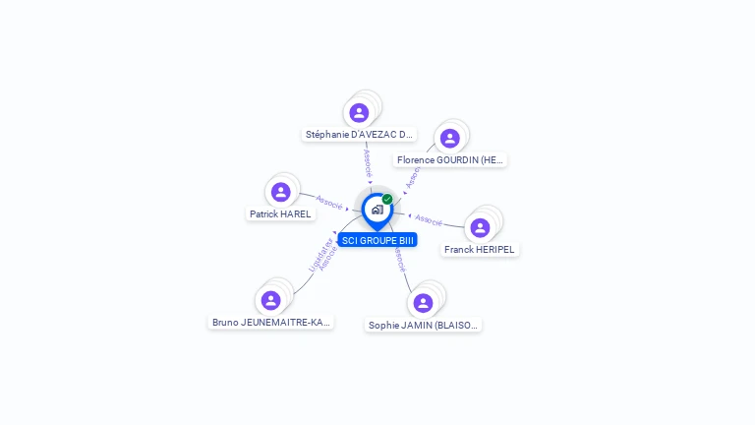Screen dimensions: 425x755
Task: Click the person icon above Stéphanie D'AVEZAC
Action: [359, 112]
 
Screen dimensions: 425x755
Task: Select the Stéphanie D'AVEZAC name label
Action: [359, 135]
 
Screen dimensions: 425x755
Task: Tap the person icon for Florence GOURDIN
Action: [449, 138]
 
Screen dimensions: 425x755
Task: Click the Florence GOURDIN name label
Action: [450, 159]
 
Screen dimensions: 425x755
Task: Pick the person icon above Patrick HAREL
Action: [280, 192]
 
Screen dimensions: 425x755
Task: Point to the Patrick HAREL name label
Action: [280, 213]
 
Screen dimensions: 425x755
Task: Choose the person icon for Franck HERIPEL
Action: [480, 227]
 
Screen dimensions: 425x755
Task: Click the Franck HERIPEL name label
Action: [480, 250]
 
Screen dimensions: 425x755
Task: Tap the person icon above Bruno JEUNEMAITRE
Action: [270, 299]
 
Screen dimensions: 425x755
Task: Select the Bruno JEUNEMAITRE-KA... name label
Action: [271, 322]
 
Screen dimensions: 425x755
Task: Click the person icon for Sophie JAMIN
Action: [423, 302]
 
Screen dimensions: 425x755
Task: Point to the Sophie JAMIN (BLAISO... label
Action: [425, 325]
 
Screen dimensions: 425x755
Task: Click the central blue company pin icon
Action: [377, 210]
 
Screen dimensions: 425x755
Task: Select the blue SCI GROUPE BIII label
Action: [377, 240]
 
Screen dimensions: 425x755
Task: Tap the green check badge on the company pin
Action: [387, 199]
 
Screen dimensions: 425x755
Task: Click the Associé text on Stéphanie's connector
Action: [368, 162]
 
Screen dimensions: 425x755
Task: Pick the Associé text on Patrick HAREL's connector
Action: [329, 203]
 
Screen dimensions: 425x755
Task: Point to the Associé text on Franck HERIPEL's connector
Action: [429, 218]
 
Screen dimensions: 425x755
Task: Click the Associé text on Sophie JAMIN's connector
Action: [399, 260]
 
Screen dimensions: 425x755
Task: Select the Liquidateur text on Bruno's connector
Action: [316, 253]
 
